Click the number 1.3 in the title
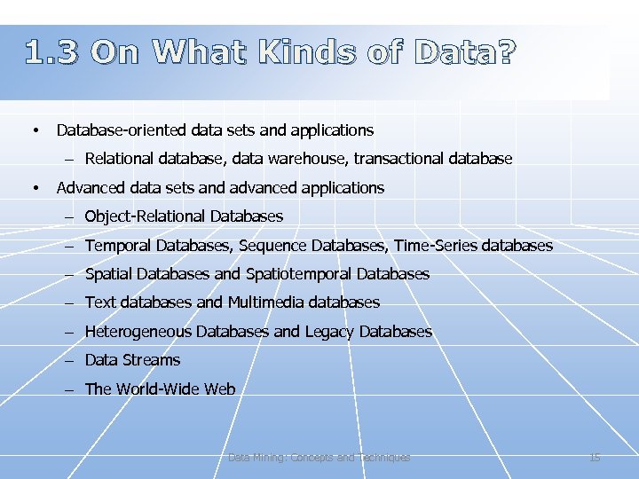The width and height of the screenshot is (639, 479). pos(51,54)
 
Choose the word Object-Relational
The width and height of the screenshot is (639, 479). pos(146,216)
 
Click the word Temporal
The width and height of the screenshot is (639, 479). pos(118,246)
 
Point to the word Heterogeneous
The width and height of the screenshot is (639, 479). pos(138,332)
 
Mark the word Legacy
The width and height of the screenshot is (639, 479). pos(330,332)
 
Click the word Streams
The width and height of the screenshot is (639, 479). pos(151,360)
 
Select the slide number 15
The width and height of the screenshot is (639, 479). pos(595,458)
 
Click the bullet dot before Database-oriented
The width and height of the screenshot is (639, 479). pos(34,131)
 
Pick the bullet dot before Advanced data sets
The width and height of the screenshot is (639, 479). pos(34,188)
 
